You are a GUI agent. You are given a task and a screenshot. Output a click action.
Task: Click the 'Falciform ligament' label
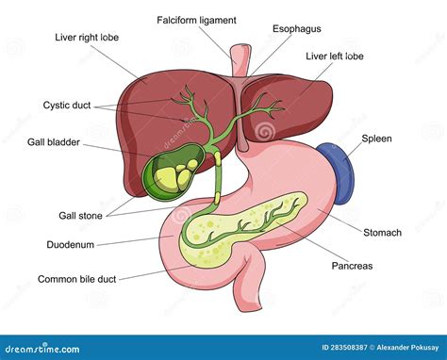click(196, 20)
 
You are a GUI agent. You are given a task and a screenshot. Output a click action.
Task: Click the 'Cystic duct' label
click(66, 106)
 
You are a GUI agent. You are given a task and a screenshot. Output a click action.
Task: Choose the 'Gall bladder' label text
click(53, 142)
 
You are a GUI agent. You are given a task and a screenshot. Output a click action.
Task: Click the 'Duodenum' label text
click(69, 243)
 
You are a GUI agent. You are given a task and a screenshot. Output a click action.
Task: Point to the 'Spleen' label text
click(376, 139)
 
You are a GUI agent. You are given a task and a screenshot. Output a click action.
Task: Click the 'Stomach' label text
click(383, 232)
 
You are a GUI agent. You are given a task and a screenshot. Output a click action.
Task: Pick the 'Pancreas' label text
click(351, 266)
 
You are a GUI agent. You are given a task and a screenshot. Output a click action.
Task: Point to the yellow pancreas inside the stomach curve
click(245, 231)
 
